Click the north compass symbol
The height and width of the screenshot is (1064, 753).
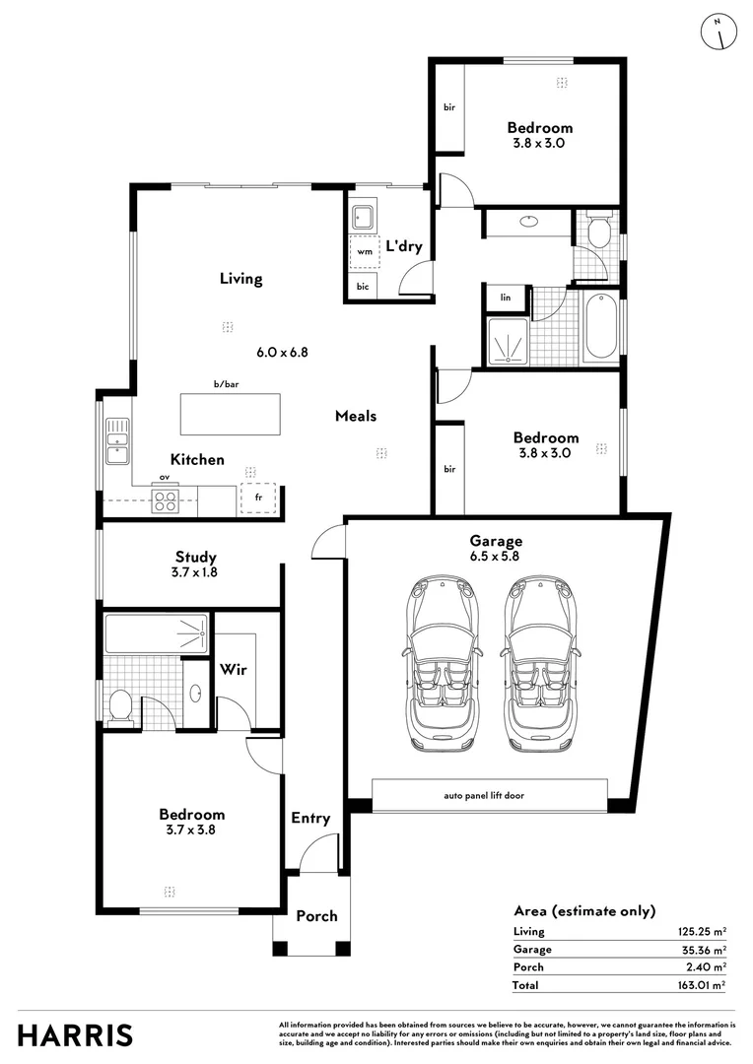coord(719,32)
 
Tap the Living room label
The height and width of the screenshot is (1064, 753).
coord(240,278)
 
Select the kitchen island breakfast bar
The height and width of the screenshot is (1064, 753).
coord(231,414)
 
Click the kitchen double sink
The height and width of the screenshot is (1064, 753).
coord(116,440)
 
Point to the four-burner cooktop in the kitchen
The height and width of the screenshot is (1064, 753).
coord(165,500)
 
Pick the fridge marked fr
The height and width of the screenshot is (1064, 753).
coord(258,498)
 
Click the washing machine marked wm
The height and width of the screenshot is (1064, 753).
coord(365,252)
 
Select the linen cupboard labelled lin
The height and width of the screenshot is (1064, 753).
coord(506,298)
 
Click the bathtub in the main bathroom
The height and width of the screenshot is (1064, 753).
coord(601,326)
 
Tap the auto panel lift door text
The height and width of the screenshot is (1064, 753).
coord(484,795)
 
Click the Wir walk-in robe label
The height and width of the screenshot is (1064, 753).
coord(233,670)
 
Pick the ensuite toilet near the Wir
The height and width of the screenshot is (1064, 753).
coord(121,707)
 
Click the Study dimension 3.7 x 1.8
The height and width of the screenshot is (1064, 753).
coord(194,572)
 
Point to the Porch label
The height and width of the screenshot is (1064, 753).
coord(316,916)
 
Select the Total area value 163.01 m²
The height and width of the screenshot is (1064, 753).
coord(702,985)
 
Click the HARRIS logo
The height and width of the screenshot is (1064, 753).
coord(75,1035)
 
